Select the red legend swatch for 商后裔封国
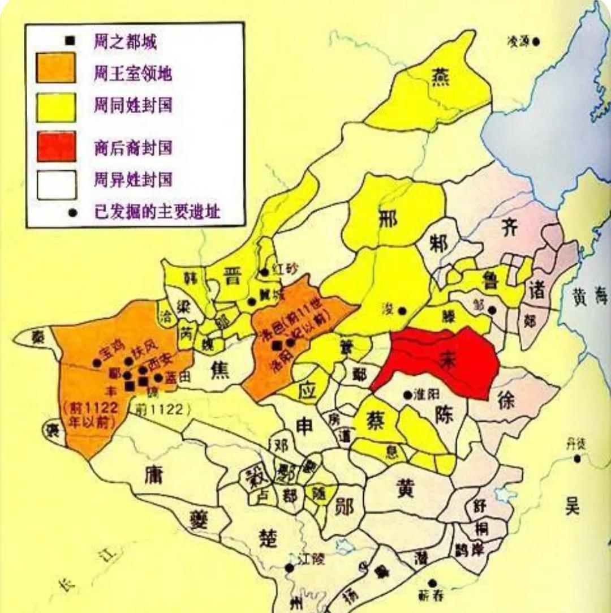(x=56, y=146)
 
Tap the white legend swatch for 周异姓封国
(x=56, y=185)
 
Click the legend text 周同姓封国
(x=133, y=105)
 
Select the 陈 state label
(x=444, y=416)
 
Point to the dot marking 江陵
(x=290, y=567)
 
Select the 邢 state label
(x=388, y=220)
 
